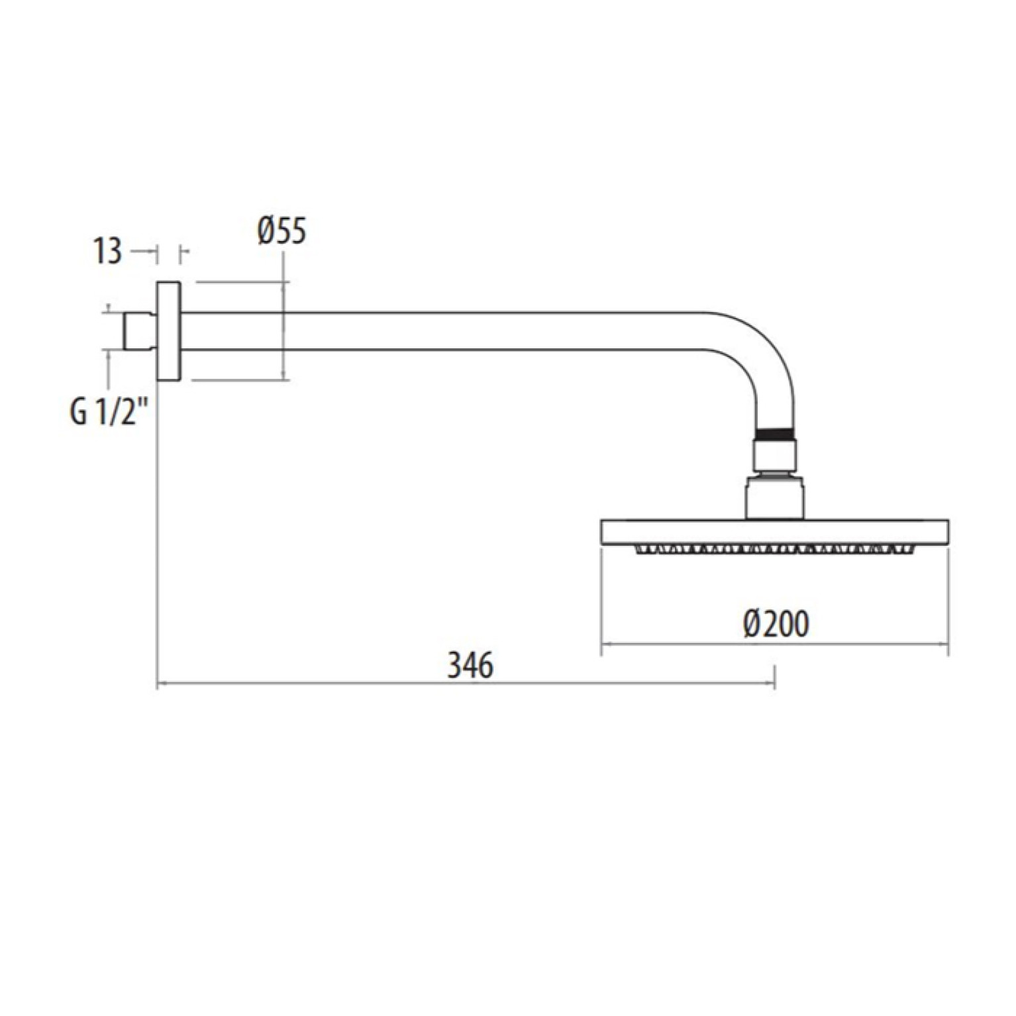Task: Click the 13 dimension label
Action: (x=108, y=251)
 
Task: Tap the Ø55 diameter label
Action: (x=282, y=231)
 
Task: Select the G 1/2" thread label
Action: (x=108, y=413)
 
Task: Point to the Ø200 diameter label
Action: (x=776, y=623)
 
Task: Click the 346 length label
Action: (x=470, y=665)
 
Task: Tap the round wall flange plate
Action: (x=169, y=331)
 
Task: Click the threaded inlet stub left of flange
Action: (x=140, y=330)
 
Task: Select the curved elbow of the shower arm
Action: (x=762, y=358)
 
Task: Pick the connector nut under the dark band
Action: (x=776, y=457)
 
